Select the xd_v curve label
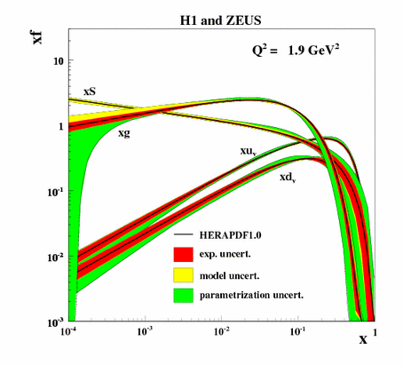pyautogui.click(x=288, y=178)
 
